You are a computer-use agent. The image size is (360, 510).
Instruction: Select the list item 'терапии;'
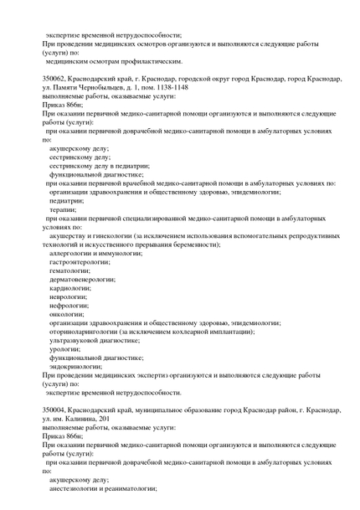(x=64, y=210)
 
